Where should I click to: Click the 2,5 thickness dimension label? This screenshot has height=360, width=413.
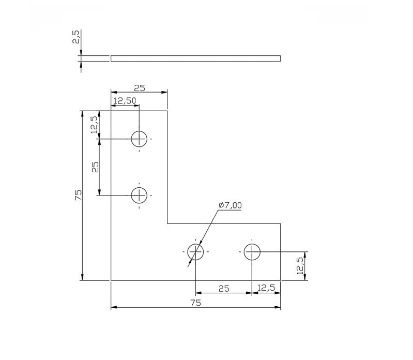[x=76, y=37]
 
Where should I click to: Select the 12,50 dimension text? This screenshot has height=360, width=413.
[x=125, y=101]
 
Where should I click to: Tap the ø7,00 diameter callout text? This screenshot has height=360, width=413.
[x=230, y=205]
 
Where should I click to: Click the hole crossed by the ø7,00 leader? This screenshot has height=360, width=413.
[x=195, y=252]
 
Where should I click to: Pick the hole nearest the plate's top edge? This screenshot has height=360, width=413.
[x=139, y=139]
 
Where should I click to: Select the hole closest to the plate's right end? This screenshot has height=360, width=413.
[x=252, y=252]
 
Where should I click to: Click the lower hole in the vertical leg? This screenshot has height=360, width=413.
[x=139, y=196]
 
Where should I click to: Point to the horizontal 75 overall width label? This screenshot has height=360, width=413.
[x=196, y=303]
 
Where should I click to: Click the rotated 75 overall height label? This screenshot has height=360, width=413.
[x=79, y=196]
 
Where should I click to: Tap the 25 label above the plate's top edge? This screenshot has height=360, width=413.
[x=140, y=88]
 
